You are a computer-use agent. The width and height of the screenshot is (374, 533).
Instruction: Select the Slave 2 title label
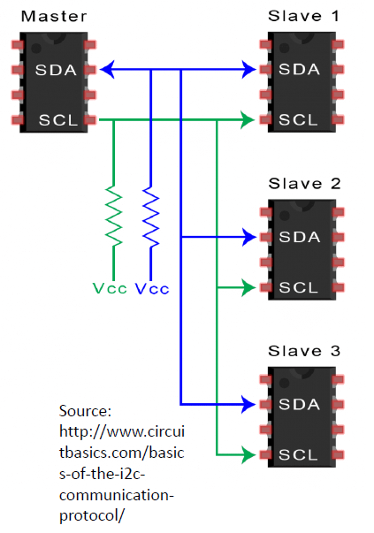pyautogui.click(x=303, y=184)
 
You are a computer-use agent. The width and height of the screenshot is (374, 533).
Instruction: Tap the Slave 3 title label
pyautogui.click(x=303, y=352)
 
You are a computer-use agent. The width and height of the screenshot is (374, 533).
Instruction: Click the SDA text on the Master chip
pyautogui.click(x=55, y=69)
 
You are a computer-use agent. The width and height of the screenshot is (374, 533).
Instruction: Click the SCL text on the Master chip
pyautogui.click(x=55, y=119)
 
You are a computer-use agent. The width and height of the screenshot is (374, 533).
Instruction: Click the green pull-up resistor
pyautogui.click(x=113, y=214)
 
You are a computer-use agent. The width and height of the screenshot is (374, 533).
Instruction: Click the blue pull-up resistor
pyautogui.click(x=150, y=214)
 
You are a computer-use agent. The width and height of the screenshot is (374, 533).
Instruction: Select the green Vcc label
pyautogui.click(x=111, y=288)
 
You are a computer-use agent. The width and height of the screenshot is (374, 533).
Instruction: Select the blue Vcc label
pyautogui.click(x=151, y=288)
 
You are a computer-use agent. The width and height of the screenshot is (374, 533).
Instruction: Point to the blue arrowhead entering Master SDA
pyautogui.click(x=105, y=68)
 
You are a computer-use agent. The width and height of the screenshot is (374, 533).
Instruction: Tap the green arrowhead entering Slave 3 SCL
pyautogui.click(x=248, y=455)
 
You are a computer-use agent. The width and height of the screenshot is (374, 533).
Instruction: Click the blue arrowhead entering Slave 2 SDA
pyautogui.click(x=248, y=237)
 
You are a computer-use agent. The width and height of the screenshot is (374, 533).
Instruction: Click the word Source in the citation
pyautogui.click(x=84, y=412)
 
